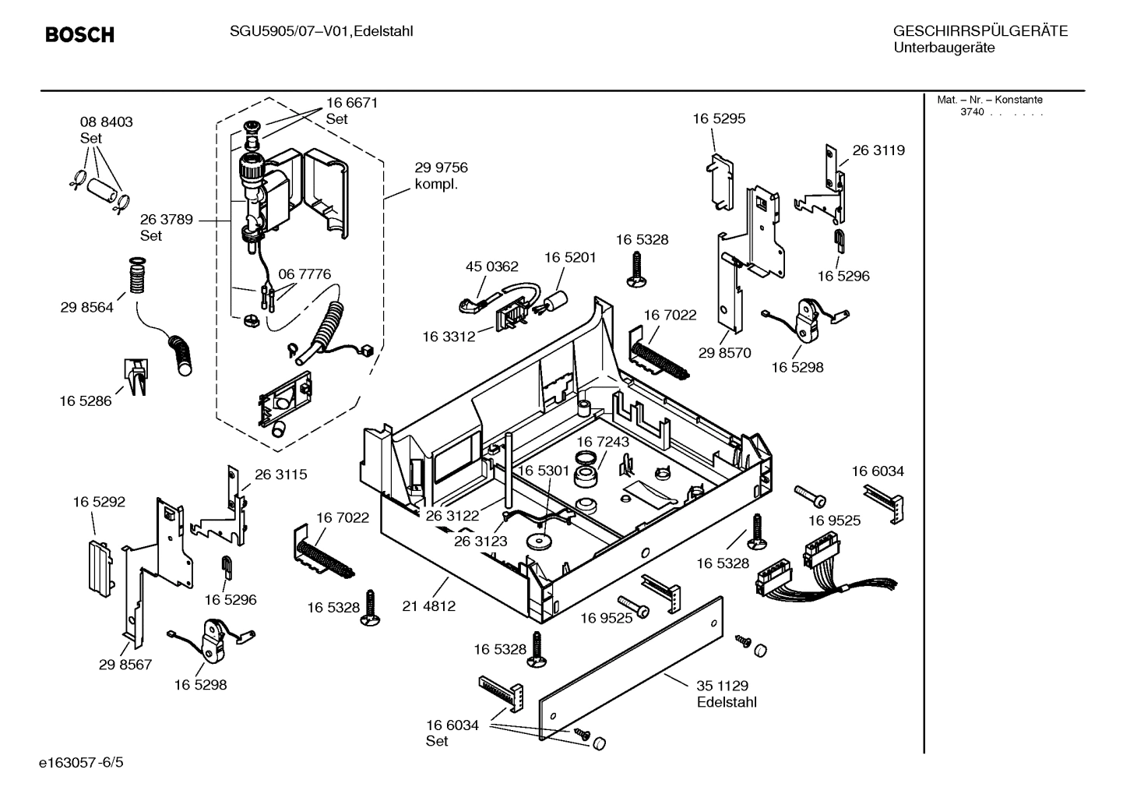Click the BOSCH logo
pos(79,35)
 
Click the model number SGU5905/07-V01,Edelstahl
pos(321,32)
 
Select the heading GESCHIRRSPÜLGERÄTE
pos(980,32)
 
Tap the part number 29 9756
pos(441,168)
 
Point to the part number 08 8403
pos(107,122)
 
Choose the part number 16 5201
pos(570,257)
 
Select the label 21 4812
pos(429,605)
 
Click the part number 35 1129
pos(722,686)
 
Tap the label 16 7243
pos(603,442)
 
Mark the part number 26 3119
pos(878,150)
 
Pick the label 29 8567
pos(125,665)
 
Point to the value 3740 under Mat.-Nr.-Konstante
pos(972,112)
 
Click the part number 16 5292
pos(99,503)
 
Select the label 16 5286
pos(86,401)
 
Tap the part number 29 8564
pos(86,308)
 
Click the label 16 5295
pos(719,119)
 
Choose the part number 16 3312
pos(449,337)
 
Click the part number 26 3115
pos(281,474)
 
